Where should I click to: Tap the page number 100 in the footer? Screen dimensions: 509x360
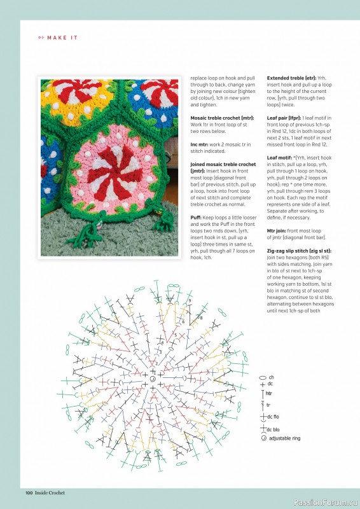point(29,492)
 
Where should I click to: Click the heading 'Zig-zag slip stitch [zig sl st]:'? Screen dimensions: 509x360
point(299,251)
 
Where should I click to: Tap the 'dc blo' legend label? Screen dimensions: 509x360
point(273,429)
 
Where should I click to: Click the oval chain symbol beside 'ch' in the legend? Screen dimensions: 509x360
point(262,377)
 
